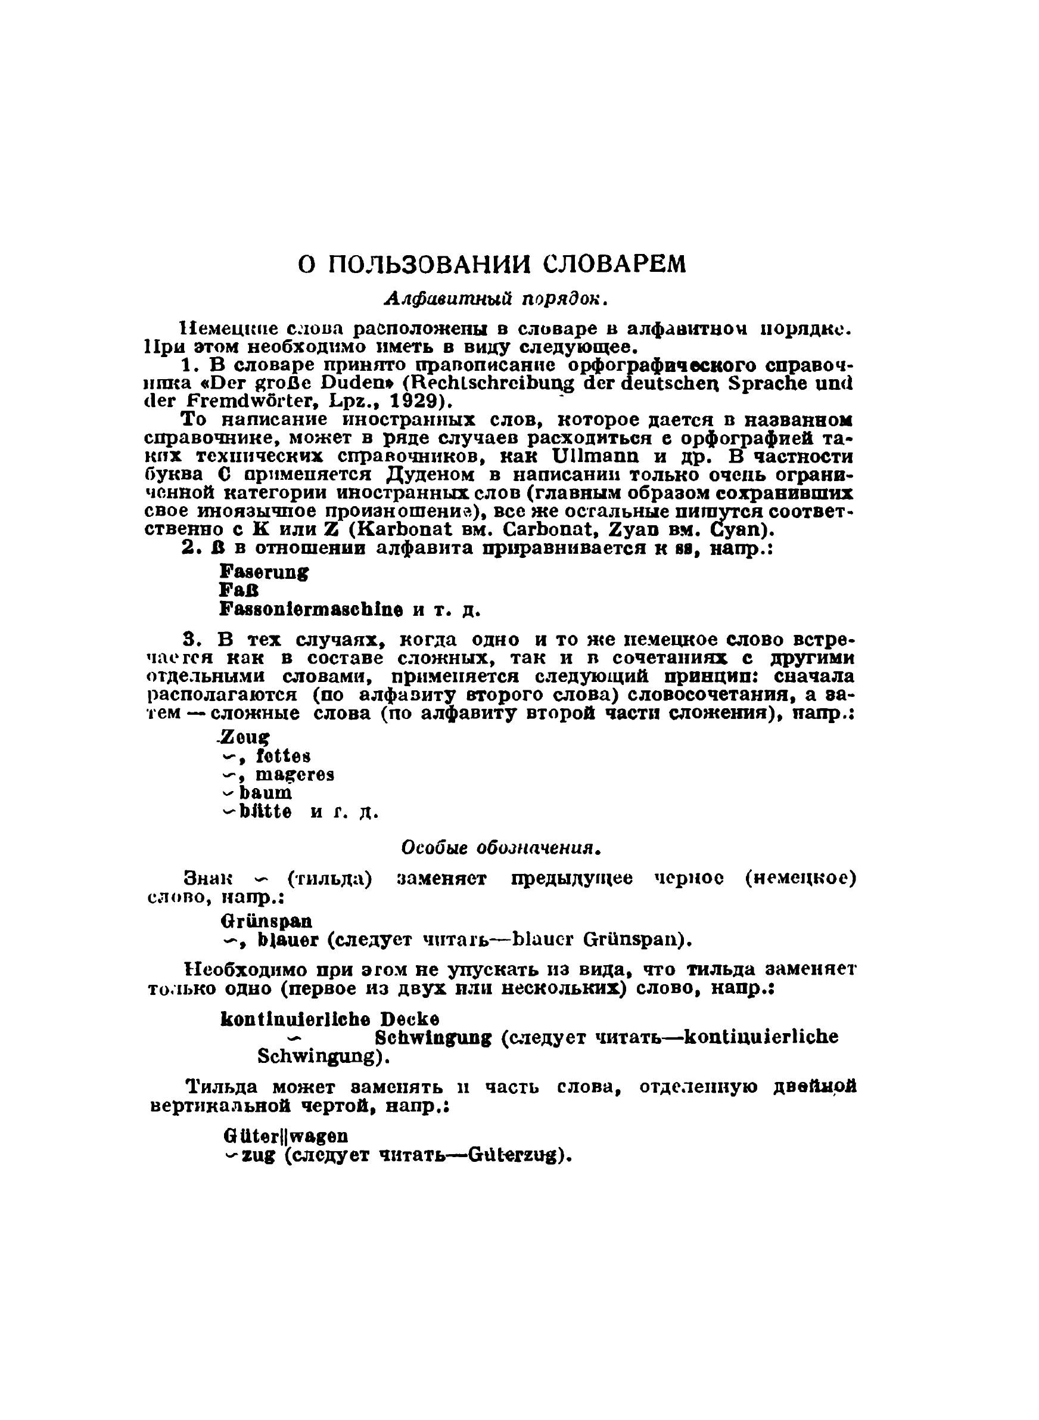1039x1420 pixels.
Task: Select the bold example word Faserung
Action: [264, 572]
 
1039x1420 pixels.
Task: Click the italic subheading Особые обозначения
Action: [501, 848]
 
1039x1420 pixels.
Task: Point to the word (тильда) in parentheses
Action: [329, 878]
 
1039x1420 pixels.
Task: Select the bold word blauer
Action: [281, 941]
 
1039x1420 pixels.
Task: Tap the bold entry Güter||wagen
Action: [285, 1136]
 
